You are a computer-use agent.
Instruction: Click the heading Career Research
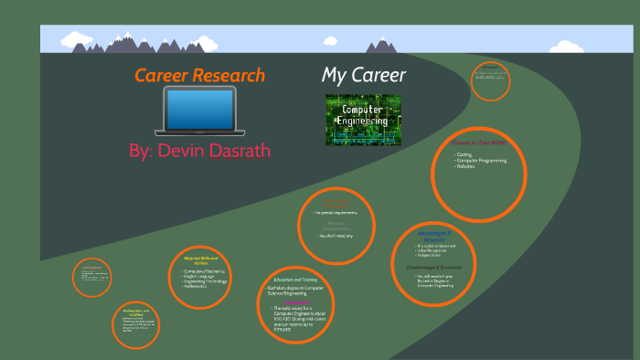tap(199, 76)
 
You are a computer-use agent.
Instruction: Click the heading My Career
tap(364, 75)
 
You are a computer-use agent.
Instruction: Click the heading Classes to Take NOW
tap(478, 143)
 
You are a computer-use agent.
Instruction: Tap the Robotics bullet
tap(469, 167)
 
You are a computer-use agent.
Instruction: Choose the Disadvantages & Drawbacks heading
tap(434, 267)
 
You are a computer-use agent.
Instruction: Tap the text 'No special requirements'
tap(336, 213)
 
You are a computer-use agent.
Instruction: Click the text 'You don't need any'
tap(336, 236)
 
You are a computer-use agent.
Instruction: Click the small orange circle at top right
tap(491, 81)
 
